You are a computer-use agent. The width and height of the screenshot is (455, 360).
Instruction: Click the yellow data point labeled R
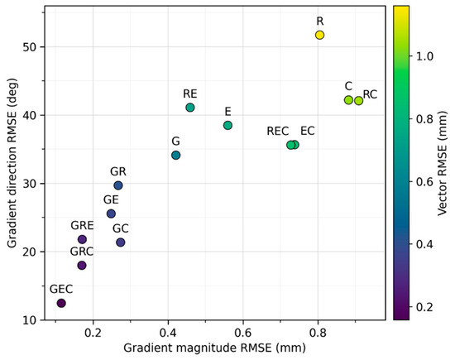(x=319, y=35)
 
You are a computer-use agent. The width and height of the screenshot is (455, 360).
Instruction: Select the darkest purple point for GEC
(x=61, y=304)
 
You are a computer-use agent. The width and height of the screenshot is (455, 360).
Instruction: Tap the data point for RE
(x=190, y=108)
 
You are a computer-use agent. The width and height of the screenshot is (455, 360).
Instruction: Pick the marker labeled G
(x=176, y=156)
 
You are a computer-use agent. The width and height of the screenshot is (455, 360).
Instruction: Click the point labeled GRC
(x=82, y=266)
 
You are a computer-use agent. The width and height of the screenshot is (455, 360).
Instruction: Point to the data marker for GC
(x=121, y=242)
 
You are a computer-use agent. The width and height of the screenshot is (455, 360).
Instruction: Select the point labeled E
(x=227, y=126)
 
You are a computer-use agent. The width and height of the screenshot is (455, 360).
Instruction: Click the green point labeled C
(x=348, y=100)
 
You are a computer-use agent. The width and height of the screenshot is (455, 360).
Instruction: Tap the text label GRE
(x=82, y=226)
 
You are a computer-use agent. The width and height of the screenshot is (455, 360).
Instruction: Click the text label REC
(x=278, y=132)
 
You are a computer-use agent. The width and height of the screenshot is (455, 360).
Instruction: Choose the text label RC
(x=370, y=94)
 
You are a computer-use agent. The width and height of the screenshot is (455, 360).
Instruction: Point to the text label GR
(x=118, y=171)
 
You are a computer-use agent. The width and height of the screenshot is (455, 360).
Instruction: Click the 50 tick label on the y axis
(x=29, y=47)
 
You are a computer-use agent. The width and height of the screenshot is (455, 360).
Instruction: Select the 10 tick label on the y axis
(x=29, y=320)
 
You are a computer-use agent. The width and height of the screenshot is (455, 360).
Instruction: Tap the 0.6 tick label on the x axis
(x=243, y=333)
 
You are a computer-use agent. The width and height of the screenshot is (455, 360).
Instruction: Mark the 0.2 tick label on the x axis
(x=93, y=333)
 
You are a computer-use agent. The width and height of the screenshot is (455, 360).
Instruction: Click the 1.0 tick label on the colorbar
(x=424, y=56)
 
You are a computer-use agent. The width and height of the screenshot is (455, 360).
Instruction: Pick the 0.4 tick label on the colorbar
(x=424, y=244)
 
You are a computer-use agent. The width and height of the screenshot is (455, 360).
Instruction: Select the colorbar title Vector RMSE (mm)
(x=443, y=164)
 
